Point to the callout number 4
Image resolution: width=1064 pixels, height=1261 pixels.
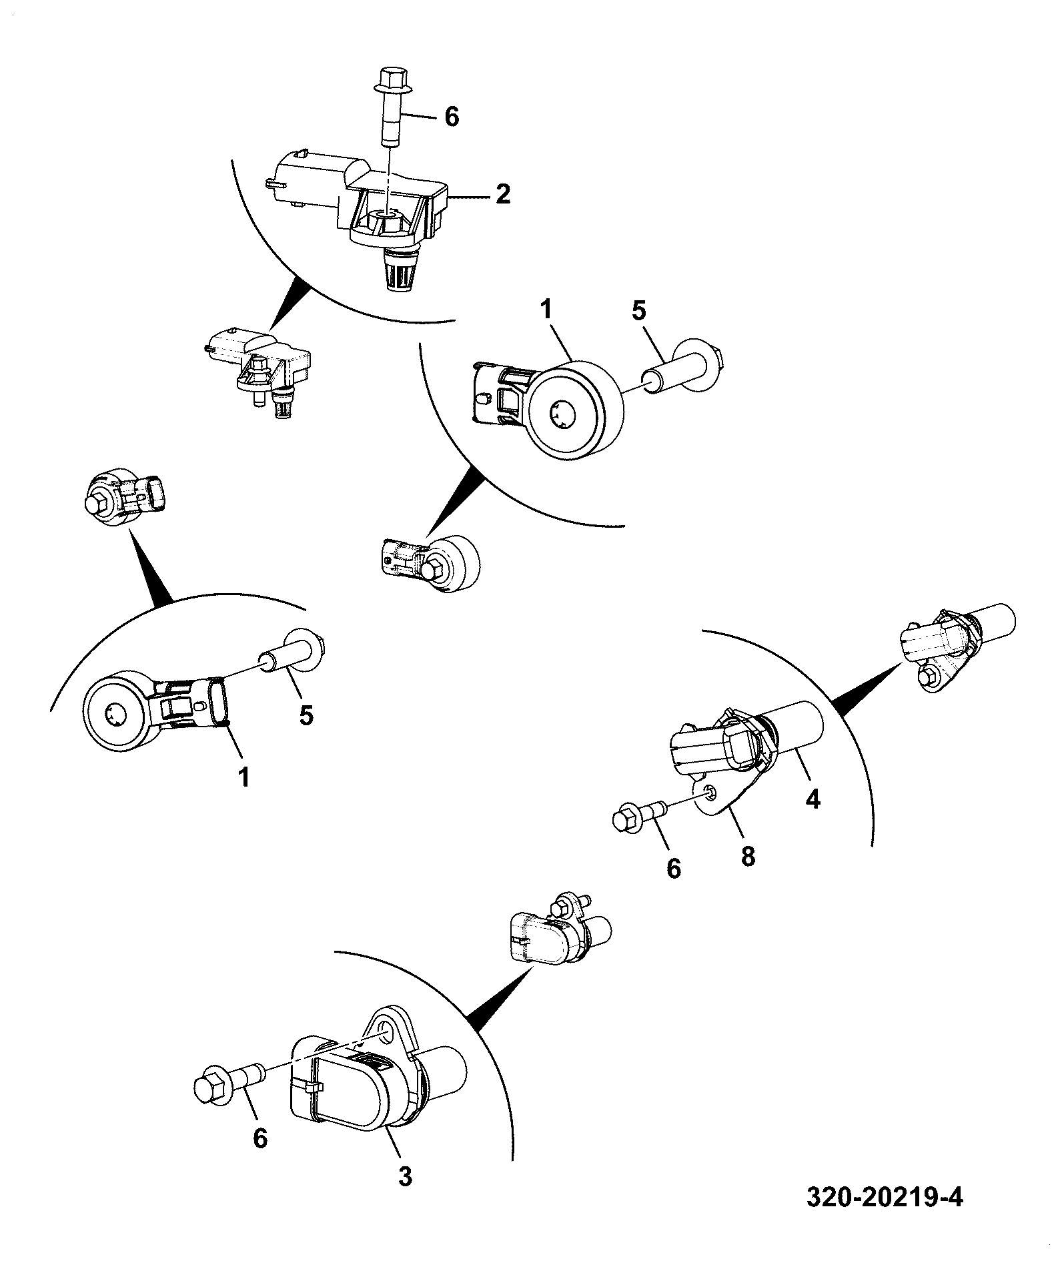(812, 797)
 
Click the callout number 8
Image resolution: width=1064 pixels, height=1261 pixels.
(748, 855)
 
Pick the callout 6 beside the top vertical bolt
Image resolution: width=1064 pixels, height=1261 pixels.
(452, 117)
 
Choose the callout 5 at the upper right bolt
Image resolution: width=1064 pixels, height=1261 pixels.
(640, 312)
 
